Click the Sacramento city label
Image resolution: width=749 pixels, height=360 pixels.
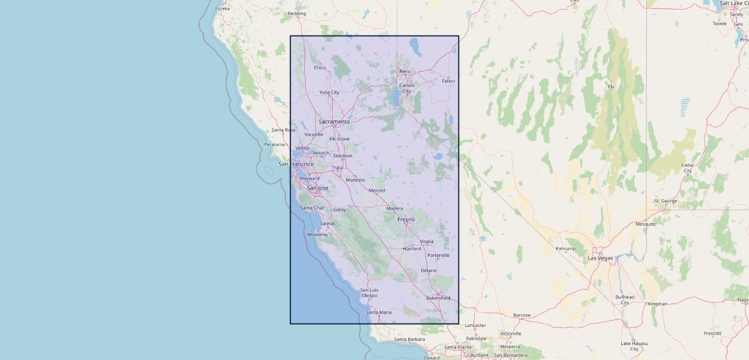(334, 122)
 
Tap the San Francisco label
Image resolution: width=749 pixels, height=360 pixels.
(296, 164)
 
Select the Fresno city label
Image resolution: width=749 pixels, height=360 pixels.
(406, 220)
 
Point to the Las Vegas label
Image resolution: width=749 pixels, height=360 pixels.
(600, 258)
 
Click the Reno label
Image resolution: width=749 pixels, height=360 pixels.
(405, 72)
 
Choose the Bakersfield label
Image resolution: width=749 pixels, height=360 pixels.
(438, 298)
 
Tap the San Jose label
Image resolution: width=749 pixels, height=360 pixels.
(317, 188)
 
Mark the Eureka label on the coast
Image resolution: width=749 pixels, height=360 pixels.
(223, 8)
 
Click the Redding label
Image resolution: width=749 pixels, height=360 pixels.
(296, 13)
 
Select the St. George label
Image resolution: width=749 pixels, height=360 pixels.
(666, 201)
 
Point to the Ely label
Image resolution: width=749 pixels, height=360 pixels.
(611, 86)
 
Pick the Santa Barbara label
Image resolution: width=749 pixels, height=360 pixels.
(409, 340)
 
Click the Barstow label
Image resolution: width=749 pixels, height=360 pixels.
(522, 315)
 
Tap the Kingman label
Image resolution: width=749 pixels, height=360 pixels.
(657, 304)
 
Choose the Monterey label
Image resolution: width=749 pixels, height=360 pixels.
(317, 235)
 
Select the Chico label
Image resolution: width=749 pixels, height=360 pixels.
(320, 68)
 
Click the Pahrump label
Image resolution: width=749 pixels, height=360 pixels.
(565, 248)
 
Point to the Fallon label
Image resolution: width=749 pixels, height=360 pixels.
(448, 81)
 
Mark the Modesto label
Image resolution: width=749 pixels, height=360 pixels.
(355, 180)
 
